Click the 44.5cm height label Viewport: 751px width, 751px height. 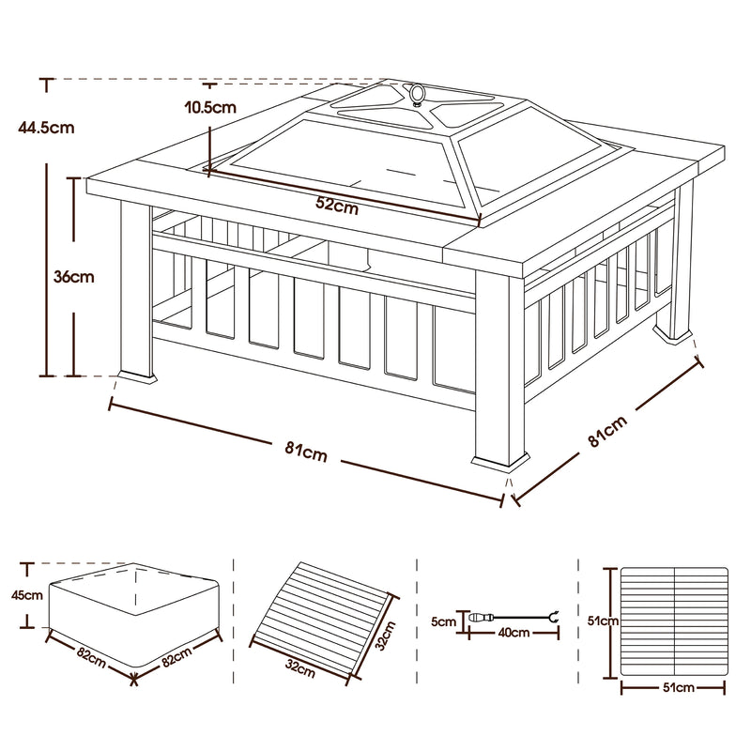(46, 128)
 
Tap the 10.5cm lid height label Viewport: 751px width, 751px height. (210, 107)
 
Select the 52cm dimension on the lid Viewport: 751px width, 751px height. (337, 206)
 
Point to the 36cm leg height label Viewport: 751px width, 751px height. (74, 277)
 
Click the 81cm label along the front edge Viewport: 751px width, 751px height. (306, 452)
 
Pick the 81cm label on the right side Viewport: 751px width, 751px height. (606, 431)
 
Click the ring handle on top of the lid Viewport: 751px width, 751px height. (417, 93)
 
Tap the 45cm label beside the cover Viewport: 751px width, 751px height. (27, 595)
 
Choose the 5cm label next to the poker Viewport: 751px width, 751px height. (443, 621)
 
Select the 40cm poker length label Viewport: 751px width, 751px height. (513, 633)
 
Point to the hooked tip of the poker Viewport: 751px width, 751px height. (555, 617)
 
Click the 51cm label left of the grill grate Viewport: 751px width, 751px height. (603, 621)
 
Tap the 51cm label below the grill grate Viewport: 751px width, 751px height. (678, 688)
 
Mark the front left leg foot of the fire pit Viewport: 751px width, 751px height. (137, 377)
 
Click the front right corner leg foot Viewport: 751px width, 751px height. (500, 461)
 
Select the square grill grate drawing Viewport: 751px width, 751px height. (674, 623)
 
